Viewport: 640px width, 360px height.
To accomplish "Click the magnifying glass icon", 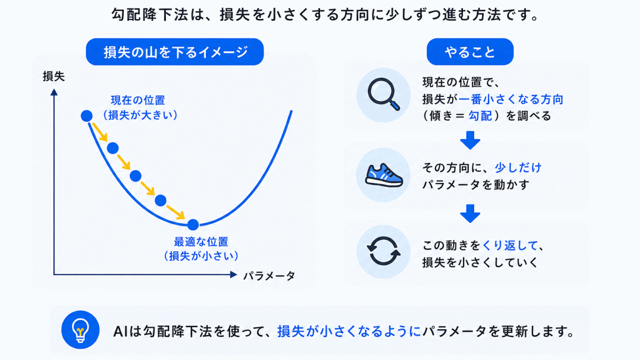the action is click(383, 94).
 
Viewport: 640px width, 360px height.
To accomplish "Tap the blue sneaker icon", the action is click(384, 175).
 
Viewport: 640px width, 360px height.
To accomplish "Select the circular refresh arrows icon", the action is click(383, 251).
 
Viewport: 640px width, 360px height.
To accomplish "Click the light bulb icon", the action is click(81, 330).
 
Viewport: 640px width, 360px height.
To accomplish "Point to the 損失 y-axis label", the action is click(54, 77).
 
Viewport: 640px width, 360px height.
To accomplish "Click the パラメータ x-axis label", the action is click(269, 276).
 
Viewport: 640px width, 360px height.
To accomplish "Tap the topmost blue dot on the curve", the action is click(86, 116).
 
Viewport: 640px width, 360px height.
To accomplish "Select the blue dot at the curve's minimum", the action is click(193, 225).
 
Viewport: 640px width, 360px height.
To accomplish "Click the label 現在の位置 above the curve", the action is click(138, 100).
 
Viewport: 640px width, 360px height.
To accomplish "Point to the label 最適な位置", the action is click(201, 242).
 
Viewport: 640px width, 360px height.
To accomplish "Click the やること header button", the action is click(470, 52).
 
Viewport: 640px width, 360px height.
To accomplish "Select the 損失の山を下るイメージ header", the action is click(174, 52).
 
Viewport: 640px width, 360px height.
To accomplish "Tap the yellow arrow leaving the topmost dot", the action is click(100, 132).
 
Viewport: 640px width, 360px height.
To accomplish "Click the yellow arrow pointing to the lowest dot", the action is click(175, 212).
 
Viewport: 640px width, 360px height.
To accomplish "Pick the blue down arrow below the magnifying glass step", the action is click(470, 140).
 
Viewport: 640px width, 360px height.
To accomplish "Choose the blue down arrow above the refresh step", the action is click(470, 213).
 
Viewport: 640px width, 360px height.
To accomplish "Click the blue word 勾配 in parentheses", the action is click(481, 116).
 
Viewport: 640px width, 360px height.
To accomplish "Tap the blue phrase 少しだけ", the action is click(518, 167).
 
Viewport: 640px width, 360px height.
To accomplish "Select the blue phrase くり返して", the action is click(510, 245).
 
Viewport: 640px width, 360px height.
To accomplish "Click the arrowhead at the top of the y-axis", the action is click(54, 92).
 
